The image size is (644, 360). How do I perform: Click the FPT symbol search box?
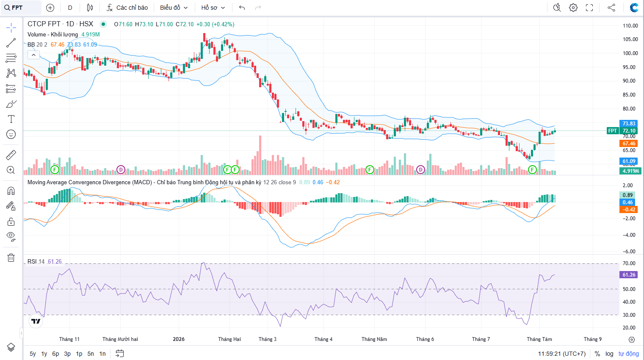pyautogui.click(x=21, y=8)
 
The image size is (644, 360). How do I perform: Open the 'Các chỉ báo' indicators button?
pyautogui.click(x=127, y=8)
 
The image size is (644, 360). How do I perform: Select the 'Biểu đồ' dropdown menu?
pyautogui.click(x=174, y=8)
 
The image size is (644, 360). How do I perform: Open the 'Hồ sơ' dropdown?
pyautogui.click(x=213, y=8)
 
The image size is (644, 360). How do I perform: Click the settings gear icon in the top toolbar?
pyautogui.click(x=573, y=8)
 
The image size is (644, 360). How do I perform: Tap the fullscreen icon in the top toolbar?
pyautogui.click(x=589, y=8)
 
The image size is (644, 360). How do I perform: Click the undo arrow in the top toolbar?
pyautogui.click(x=242, y=8)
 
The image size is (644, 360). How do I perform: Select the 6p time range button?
pyautogui.click(x=55, y=354)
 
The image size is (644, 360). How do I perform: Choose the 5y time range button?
pyautogui.click(x=33, y=354)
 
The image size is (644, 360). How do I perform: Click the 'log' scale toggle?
pyautogui.click(x=609, y=354)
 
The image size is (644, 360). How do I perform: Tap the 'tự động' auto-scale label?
pyautogui.click(x=628, y=354)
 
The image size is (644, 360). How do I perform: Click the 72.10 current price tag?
pyautogui.click(x=629, y=131)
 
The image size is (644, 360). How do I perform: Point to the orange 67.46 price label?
pyautogui.click(x=629, y=144)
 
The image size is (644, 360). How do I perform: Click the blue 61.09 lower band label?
pyautogui.click(x=629, y=161)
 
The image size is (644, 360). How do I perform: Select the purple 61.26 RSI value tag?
pyautogui.click(x=629, y=275)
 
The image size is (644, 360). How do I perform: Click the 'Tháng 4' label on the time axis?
pyautogui.click(x=323, y=339)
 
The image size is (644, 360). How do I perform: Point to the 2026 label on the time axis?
pyautogui.click(x=179, y=339)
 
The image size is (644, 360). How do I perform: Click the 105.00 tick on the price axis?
pyautogui.click(x=628, y=39)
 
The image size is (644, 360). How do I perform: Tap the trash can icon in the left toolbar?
pyautogui.click(x=11, y=258)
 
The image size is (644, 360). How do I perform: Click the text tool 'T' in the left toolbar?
pyautogui.click(x=11, y=119)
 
